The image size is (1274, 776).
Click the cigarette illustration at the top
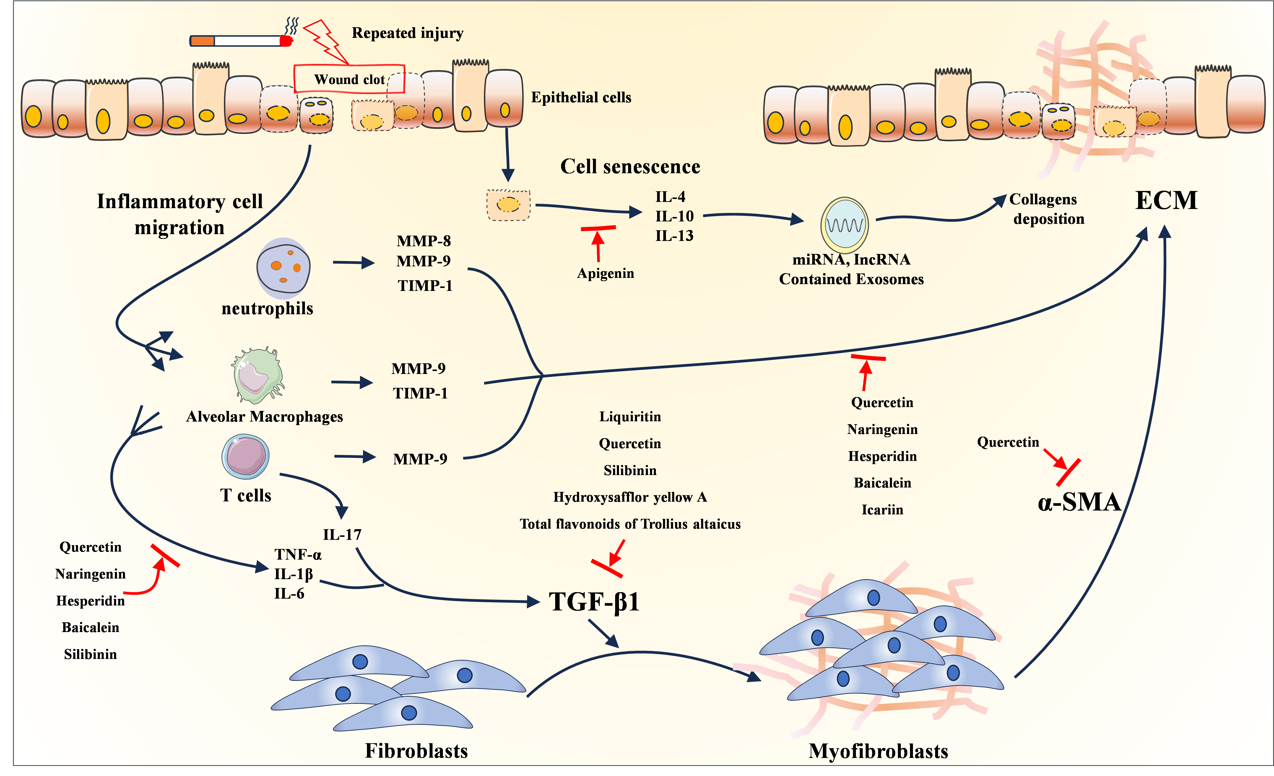240,40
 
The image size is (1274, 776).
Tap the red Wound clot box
349,79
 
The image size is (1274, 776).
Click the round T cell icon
246,456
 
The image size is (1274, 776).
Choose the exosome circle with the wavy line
844,225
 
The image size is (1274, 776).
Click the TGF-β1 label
594,602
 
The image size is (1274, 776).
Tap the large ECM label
1166,200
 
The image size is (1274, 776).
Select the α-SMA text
1079,502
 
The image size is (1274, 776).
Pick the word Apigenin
605,273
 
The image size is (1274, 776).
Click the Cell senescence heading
630,167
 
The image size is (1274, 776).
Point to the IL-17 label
342,534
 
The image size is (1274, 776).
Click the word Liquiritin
630,417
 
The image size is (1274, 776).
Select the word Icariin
882,510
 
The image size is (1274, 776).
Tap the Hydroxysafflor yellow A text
630,497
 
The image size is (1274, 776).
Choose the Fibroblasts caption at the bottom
416,751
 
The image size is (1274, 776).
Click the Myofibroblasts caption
878,751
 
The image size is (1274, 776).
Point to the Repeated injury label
407,33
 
